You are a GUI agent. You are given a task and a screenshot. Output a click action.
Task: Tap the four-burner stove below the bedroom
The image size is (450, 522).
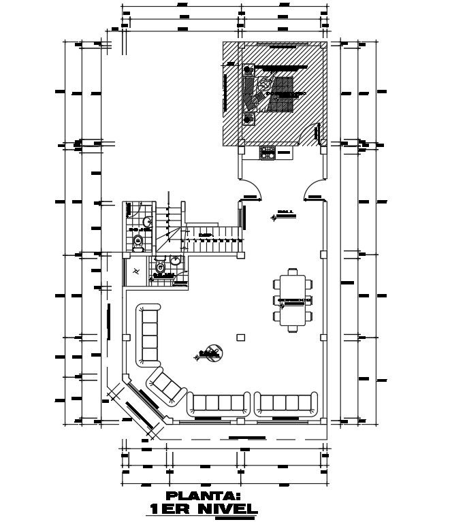click(268, 153)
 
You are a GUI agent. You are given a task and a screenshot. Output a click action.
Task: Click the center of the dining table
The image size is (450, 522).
click(293, 299)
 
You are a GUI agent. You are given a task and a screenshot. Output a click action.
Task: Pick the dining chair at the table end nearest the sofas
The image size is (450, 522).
click(293, 329)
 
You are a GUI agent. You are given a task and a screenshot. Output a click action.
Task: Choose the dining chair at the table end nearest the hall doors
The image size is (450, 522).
click(293, 272)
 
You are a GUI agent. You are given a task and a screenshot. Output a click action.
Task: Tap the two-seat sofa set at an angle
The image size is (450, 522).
click(167, 386)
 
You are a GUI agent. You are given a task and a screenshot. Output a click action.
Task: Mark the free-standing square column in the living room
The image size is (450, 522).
click(240, 337)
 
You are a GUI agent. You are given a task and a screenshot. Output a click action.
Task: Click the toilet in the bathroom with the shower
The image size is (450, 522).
click(139, 240)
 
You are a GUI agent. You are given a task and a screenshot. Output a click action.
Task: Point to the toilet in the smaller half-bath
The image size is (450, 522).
click(161, 267)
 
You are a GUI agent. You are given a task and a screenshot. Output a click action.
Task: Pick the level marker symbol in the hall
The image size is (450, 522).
click(274, 216)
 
